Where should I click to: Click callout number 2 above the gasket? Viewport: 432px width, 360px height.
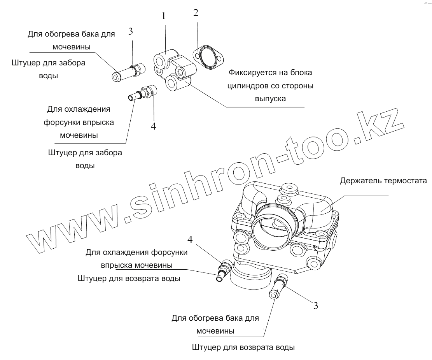(196, 13)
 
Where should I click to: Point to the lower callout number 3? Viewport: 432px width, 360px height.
(315, 306)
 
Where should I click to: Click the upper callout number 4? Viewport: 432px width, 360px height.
(154, 126)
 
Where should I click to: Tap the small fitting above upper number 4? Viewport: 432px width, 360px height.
(143, 93)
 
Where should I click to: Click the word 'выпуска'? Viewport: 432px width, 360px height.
(270, 98)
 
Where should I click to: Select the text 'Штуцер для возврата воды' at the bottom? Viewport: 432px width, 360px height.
(243, 347)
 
